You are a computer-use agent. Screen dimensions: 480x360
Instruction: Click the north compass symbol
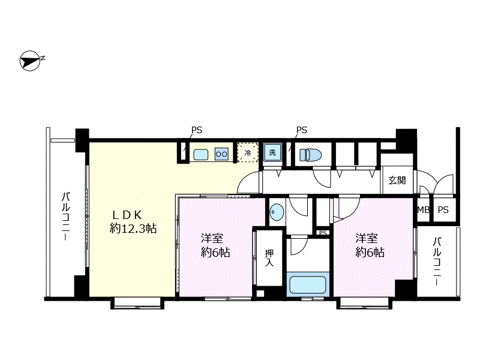click(x=31, y=61)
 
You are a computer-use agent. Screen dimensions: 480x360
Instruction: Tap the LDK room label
click(x=127, y=215)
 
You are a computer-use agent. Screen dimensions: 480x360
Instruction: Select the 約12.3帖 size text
click(x=133, y=229)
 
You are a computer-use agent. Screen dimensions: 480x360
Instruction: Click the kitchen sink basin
click(x=201, y=154)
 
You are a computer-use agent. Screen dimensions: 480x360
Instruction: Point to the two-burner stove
click(x=221, y=154)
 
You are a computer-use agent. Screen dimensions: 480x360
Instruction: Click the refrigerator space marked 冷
click(x=248, y=152)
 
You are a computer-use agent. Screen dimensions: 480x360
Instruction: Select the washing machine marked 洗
click(x=272, y=152)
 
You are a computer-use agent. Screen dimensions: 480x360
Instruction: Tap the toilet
click(x=310, y=154)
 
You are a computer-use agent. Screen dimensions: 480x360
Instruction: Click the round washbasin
click(x=277, y=212)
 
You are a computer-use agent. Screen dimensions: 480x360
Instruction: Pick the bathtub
click(x=308, y=284)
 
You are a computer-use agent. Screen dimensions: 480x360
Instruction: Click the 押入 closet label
click(x=269, y=258)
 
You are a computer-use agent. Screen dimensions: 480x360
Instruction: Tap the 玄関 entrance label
click(x=397, y=181)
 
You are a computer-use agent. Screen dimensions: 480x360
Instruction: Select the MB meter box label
click(x=424, y=210)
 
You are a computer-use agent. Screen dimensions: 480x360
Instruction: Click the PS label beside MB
click(x=443, y=210)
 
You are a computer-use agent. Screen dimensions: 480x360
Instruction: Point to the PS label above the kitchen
click(x=197, y=130)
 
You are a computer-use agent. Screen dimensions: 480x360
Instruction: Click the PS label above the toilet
click(x=302, y=130)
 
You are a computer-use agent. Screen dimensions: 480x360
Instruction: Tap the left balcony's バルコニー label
click(x=65, y=217)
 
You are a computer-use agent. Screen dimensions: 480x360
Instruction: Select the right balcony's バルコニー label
click(x=437, y=262)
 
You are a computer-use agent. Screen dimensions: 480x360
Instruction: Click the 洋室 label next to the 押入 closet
click(x=212, y=238)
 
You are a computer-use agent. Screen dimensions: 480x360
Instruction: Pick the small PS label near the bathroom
click(x=323, y=233)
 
